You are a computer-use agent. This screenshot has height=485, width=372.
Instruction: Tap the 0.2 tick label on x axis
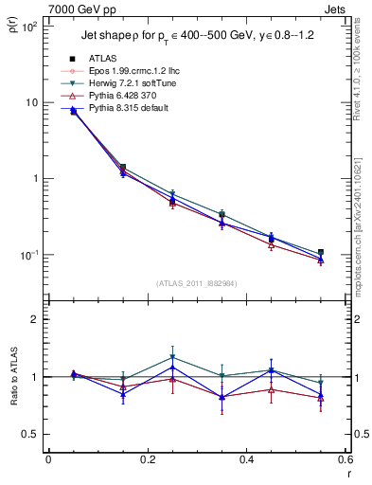(x=148, y=459)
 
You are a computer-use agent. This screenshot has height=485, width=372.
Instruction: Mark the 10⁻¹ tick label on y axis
(x=30, y=255)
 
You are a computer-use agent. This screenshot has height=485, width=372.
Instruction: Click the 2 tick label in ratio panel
(x=36, y=319)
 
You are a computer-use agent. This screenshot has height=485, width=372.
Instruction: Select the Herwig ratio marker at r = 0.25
(x=172, y=358)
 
